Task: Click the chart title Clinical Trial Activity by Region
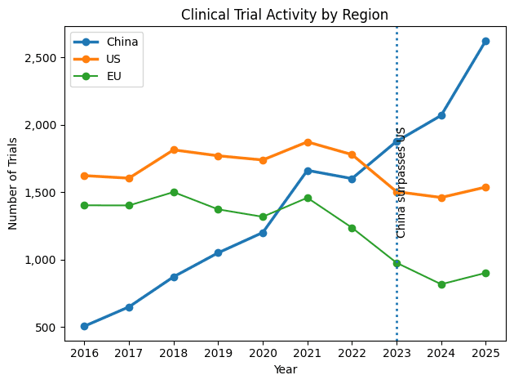[x=284, y=14]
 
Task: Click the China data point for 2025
[x=485, y=41]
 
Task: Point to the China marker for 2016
[x=84, y=326]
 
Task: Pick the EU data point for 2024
[x=441, y=284]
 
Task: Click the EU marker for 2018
[x=174, y=192]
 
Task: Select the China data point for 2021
[x=308, y=171]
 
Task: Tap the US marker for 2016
[x=84, y=176]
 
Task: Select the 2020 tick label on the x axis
[x=263, y=354]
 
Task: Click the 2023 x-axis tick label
[x=397, y=354]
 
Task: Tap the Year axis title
[x=285, y=370]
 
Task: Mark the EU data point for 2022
[x=352, y=228]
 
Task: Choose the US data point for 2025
[x=485, y=187]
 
